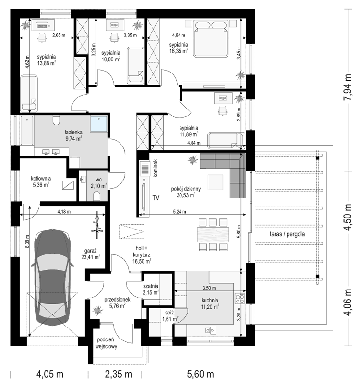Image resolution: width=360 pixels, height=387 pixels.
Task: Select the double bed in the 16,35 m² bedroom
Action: click(x=210, y=39)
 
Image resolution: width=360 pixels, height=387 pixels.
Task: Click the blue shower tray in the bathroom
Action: click(x=99, y=124)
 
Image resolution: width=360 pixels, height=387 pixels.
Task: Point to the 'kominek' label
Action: click(x=156, y=168)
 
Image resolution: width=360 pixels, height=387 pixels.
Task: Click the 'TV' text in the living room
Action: click(x=156, y=198)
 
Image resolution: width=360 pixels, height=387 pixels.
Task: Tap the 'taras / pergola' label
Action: click(x=287, y=234)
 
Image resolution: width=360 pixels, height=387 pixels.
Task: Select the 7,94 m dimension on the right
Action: click(x=348, y=87)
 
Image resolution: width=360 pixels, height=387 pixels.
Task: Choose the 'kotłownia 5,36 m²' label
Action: click(x=41, y=181)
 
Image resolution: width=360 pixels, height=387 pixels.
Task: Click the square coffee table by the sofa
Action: click(x=216, y=182)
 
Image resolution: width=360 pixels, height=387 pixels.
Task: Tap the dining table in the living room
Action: click(x=213, y=234)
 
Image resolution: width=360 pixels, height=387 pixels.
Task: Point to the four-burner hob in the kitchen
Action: click(x=240, y=298)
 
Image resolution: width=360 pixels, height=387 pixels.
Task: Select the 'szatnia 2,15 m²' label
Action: click(x=151, y=290)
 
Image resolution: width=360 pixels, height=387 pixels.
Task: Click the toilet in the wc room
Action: click(x=97, y=196)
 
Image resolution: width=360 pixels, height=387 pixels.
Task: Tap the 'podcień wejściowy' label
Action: click(x=107, y=343)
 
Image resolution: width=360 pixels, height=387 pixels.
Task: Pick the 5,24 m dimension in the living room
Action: click(x=180, y=212)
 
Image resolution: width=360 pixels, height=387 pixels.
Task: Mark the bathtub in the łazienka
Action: click(x=27, y=131)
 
